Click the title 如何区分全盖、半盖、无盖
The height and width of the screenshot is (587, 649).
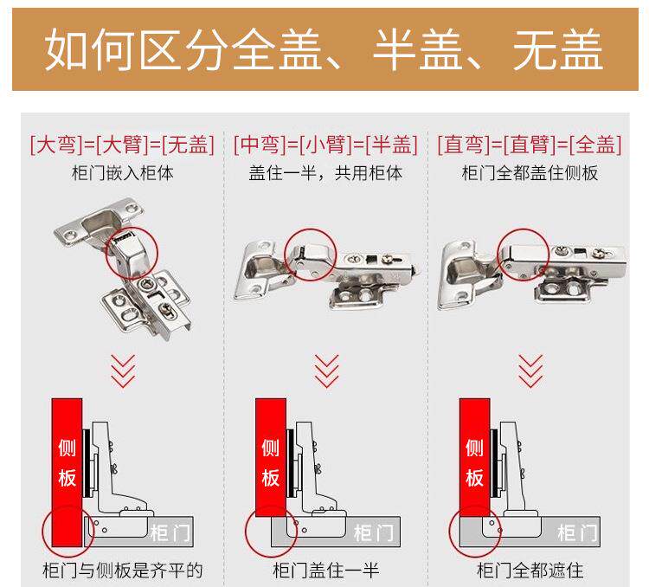click(324, 49)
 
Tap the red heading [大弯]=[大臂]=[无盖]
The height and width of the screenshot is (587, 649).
click(122, 145)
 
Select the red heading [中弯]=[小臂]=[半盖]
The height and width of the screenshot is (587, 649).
click(325, 145)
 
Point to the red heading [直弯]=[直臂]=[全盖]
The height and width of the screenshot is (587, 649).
click(530, 145)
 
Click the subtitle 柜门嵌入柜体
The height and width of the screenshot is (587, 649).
click(123, 173)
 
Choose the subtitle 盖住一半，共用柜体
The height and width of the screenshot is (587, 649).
click(325, 173)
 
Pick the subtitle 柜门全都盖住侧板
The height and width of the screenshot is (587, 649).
click(530, 173)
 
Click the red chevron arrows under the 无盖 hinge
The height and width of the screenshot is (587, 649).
click(123, 371)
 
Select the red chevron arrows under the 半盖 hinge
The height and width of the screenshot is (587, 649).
click(326, 371)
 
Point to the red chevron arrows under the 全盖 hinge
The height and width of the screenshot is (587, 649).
click(530, 371)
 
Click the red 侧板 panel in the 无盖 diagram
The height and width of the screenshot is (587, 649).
click(67, 472)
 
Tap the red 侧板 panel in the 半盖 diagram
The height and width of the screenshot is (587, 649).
click(271, 458)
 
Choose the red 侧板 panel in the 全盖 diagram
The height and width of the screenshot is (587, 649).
click(475, 458)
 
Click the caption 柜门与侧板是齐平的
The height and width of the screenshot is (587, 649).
click(123, 571)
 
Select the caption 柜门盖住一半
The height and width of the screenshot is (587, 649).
click(326, 571)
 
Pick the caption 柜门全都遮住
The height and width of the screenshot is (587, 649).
click(530, 571)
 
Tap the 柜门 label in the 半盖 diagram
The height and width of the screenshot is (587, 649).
click(373, 532)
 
